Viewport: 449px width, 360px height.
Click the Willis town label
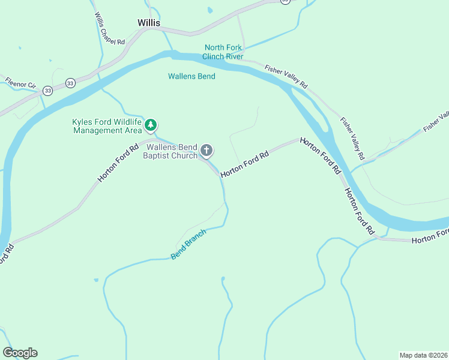149,23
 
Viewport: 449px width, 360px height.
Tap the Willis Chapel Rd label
109,29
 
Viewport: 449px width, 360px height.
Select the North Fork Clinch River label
223,52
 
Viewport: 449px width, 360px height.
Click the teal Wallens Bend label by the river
191,76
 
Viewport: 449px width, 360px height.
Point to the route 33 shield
71,82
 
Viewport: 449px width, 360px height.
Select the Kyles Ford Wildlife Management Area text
107,126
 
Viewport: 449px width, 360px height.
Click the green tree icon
151,125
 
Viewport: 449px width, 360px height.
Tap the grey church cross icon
206,150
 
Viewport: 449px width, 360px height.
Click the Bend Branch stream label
188,244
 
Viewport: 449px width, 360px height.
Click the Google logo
20,353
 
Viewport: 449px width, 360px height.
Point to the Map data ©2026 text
423,355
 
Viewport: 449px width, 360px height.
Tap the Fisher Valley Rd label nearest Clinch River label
286,76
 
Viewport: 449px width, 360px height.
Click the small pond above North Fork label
209,10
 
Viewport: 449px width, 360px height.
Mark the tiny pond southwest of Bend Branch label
95,280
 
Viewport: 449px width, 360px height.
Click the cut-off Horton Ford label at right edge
430,236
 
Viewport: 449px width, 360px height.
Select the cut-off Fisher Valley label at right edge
436,122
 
